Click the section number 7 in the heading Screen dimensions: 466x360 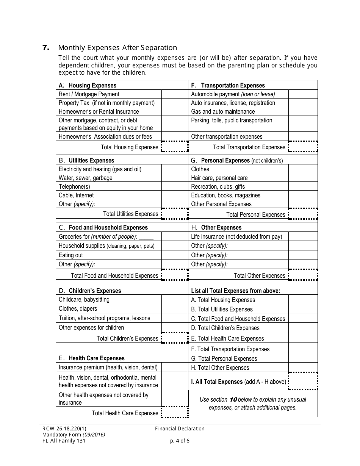click(x=45, y=48)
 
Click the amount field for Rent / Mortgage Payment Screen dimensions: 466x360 click(x=175, y=94)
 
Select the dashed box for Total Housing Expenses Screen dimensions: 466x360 click(x=175, y=147)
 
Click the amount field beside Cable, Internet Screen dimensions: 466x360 click(x=175, y=195)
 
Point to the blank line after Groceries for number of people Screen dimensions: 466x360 click(x=146, y=237)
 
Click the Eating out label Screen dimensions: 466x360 click(x=71, y=255)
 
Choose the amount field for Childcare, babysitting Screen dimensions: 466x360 click(x=175, y=300)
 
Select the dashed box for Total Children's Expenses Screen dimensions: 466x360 click(x=175, y=338)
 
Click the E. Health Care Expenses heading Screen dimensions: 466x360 click(x=92, y=358)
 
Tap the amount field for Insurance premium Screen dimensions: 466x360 click(x=175, y=367)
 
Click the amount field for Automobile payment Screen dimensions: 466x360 click(x=303, y=94)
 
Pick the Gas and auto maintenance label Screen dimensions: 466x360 click(x=223, y=112)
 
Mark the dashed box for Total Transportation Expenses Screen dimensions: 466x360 click(x=303, y=147)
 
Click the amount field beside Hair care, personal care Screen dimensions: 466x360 click(x=303, y=178)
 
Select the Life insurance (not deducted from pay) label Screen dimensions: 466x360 click(x=236, y=237)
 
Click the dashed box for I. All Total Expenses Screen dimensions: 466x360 click(x=303, y=381)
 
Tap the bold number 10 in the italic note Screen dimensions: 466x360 click(x=233, y=400)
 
